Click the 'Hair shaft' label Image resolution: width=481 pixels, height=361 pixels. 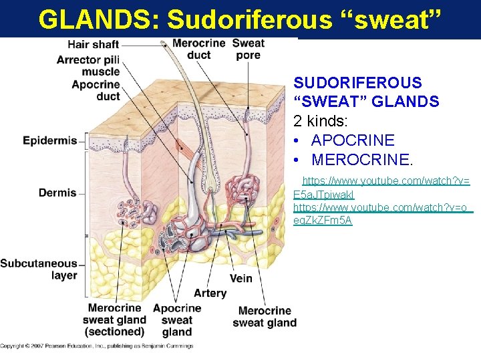coord(93,45)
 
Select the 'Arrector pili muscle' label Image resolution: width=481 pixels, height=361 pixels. coord(88,66)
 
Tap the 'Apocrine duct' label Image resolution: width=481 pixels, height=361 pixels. coord(96,90)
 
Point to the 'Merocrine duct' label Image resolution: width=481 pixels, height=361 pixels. coord(198,49)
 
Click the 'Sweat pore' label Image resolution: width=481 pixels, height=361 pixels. coord(248,49)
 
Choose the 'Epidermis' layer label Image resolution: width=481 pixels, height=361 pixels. coord(49,140)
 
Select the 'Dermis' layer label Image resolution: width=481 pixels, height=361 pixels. coord(57,193)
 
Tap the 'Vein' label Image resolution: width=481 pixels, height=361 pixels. coord(240,278)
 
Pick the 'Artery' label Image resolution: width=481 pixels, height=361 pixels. coord(210,293)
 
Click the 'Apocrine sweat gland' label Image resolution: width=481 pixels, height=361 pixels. coord(177,320)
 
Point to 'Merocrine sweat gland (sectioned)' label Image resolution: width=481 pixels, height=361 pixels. coord(114,320)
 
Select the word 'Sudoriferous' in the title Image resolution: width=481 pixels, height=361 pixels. coord(249,20)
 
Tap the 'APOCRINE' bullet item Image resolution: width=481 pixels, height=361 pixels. coord(353,140)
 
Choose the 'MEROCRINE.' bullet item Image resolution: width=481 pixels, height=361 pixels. coord(362,160)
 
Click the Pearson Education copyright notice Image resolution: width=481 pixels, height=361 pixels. coord(97,346)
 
